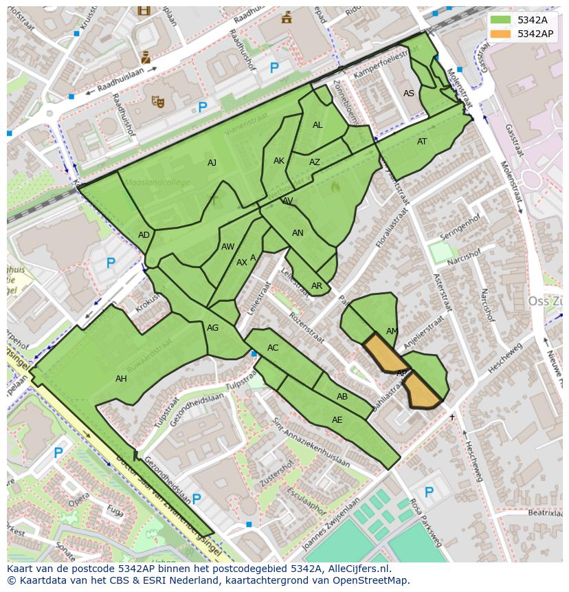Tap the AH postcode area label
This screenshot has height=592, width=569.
121,379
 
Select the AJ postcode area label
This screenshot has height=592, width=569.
212,163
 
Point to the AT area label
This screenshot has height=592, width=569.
422,142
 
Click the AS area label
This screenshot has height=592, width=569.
409,94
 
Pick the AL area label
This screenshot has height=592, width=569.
317,125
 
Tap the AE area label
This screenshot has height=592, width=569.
337,420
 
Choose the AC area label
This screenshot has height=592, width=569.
273,348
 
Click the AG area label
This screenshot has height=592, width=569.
213,328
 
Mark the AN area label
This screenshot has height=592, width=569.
298,233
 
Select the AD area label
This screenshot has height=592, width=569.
144,235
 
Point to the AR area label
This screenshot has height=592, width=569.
317,286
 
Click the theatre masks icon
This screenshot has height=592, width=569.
158,102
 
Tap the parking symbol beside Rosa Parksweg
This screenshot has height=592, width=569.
429,492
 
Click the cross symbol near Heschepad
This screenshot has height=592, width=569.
452,417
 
